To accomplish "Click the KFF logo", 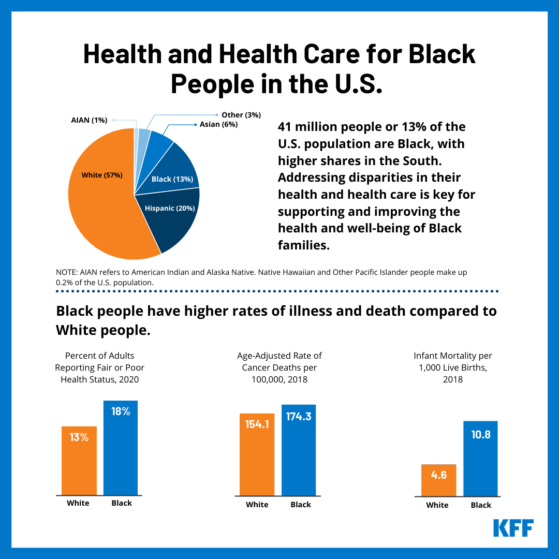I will pos(513,527).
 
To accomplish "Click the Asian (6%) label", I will pos(218,124).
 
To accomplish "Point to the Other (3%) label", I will pos(241,114).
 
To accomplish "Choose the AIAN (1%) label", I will pos(89,120).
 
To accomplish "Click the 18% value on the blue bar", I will pos(121,413).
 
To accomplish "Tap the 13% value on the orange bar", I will pos(79,437).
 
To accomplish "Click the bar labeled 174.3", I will pos(299,450).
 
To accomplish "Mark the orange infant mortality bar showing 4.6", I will pos(439,480).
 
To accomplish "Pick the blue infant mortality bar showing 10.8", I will pos(480,459).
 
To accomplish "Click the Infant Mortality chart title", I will pos(452,367).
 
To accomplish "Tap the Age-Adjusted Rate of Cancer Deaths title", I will pos(279,367).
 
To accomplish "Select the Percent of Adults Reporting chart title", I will pos(100,367).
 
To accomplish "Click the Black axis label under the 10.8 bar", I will pos(481,505).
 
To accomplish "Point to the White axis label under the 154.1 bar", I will pos(257,505).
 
